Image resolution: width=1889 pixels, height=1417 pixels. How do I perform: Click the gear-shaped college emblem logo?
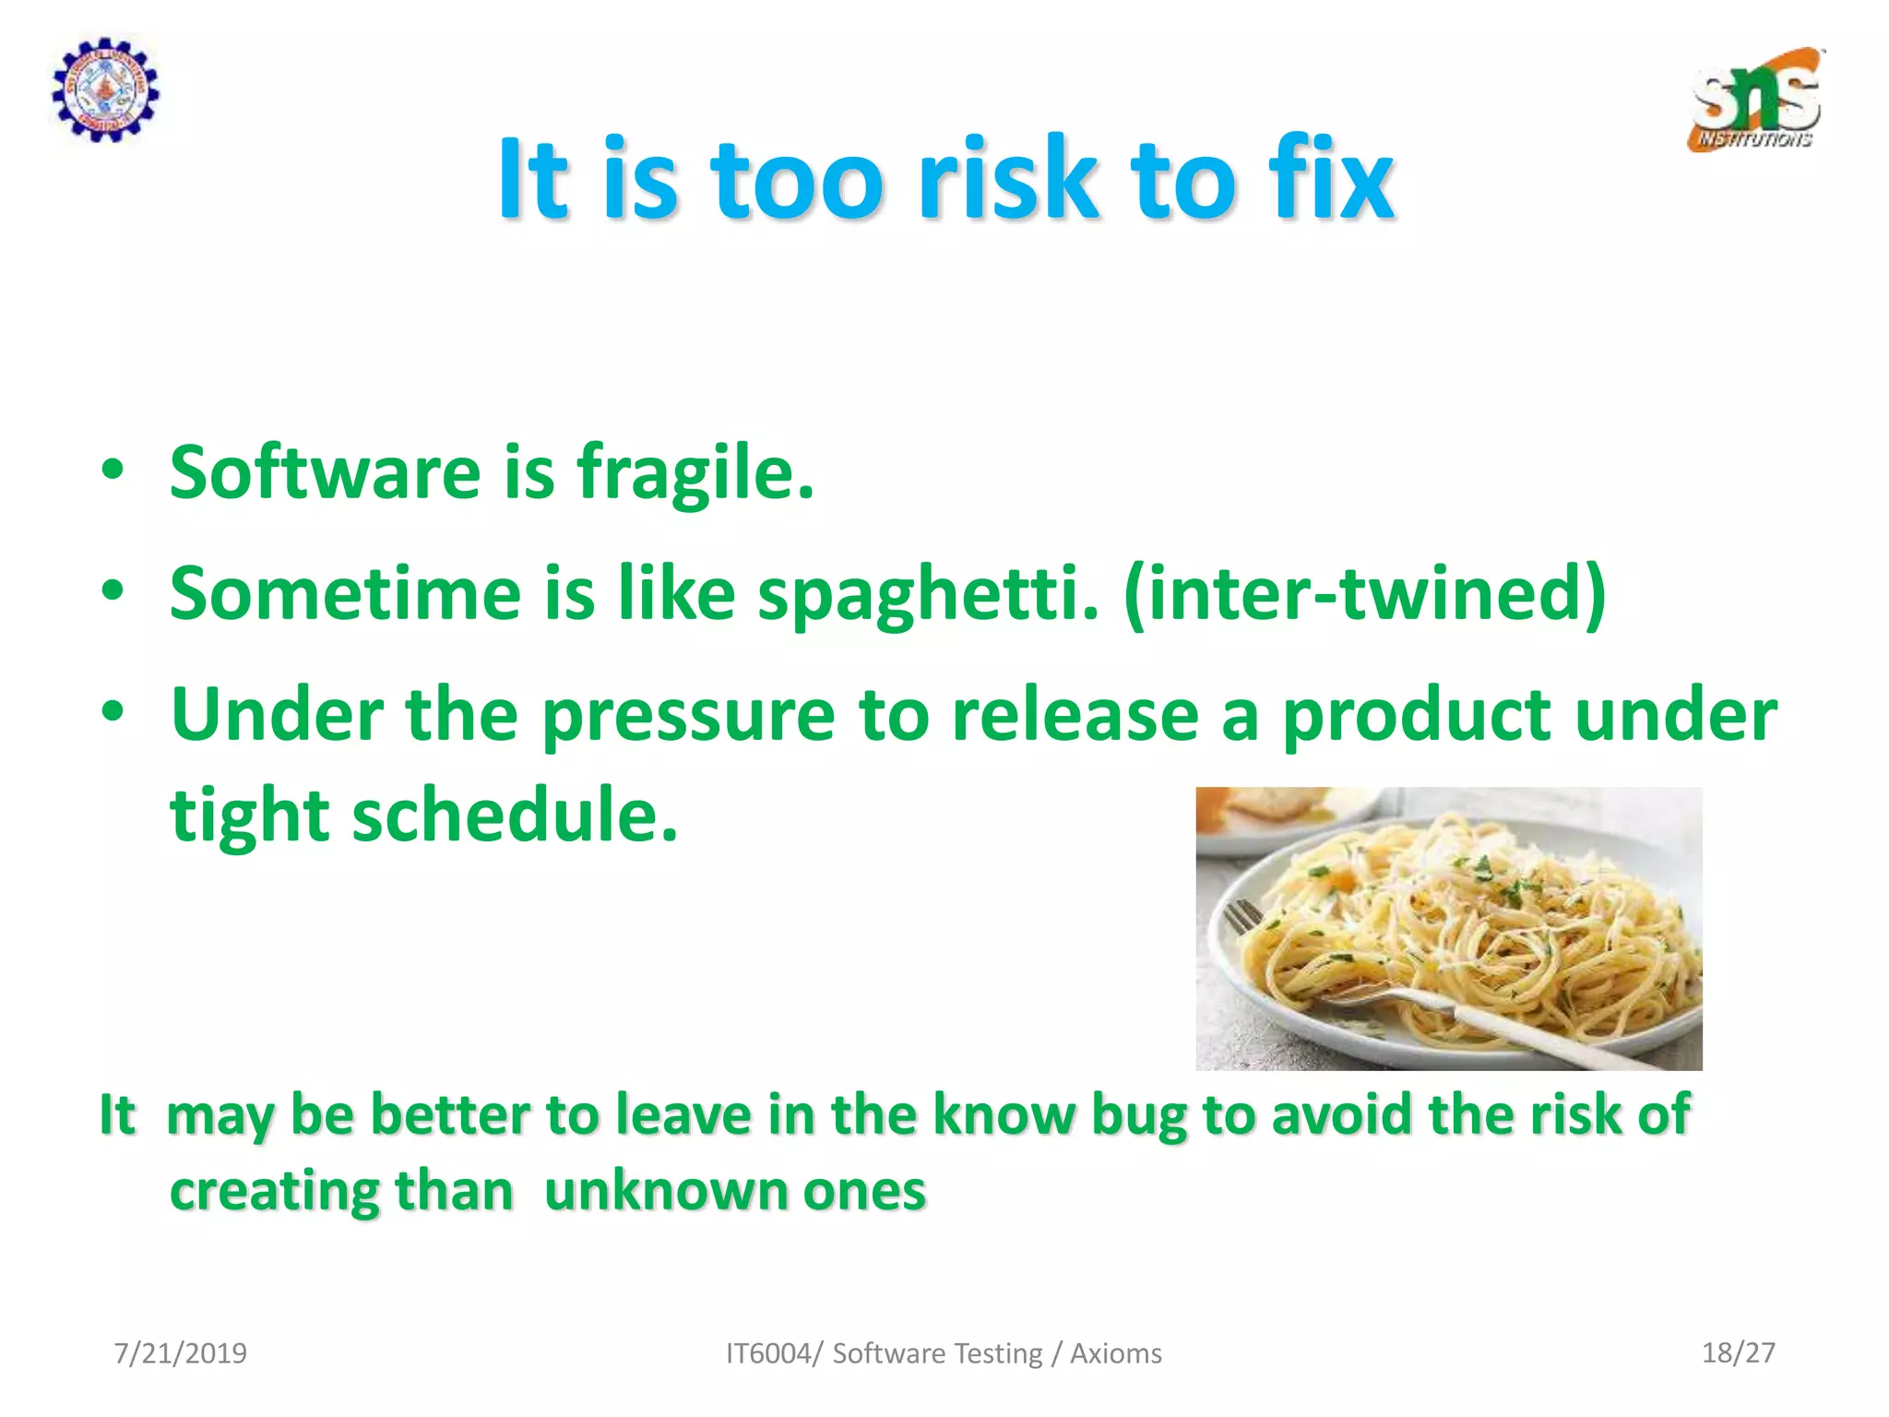pyautogui.click(x=104, y=89)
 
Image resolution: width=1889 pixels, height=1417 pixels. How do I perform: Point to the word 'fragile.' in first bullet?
pyautogui.click(x=695, y=473)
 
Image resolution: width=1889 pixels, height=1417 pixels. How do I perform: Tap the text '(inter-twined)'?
pyautogui.click(x=1365, y=595)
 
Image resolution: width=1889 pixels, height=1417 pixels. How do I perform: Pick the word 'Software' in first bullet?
pyautogui.click(x=325, y=472)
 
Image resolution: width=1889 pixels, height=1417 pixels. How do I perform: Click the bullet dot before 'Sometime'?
pyautogui.click(x=113, y=591)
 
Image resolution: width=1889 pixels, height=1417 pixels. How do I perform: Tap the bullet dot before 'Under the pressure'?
pyautogui.click(x=113, y=712)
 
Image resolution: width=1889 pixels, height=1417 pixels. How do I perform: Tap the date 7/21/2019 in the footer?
pyautogui.click(x=180, y=1353)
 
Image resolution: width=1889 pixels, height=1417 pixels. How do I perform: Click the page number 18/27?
pyautogui.click(x=1738, y=1352)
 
